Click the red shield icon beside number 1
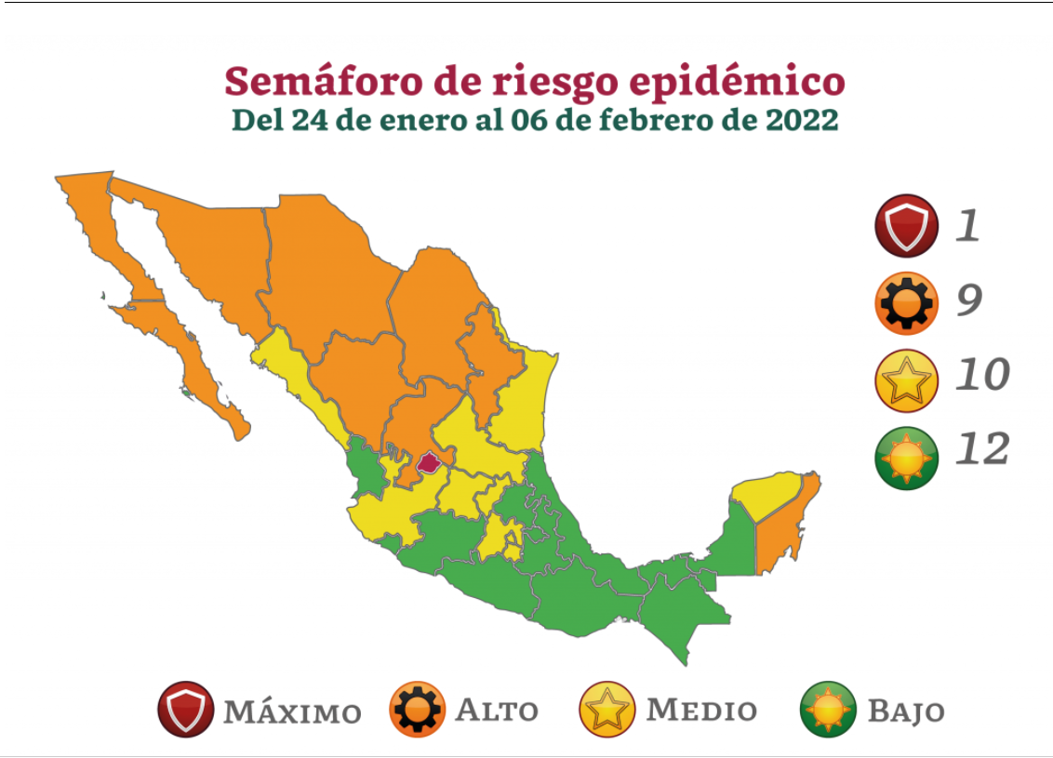(906, 226)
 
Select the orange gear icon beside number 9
(906, 302)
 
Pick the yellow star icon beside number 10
(906, 379)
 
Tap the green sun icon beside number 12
(906, 457)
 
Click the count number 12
(982, 450)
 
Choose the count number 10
(982, 375)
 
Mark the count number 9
(969, 299)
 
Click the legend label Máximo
(292, 712)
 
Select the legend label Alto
(497, 711)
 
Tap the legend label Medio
(701, 711)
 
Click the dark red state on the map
(429, 462)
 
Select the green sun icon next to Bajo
(828, 710)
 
